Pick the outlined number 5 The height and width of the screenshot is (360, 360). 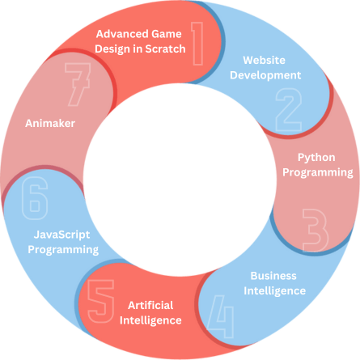tap(101, 301)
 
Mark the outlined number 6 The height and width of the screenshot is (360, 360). tap(35, 198)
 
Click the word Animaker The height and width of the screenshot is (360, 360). tap(50, 124)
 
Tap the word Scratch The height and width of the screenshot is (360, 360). tap(165, 49)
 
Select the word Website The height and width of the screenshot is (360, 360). tap(264, 60)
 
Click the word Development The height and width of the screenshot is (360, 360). tap(265, 75)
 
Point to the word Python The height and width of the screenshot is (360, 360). tap(316, 158)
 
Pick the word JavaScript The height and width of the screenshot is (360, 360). tap(61, 235)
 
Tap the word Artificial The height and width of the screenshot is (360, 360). tap(150, 306)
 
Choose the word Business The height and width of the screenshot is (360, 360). tap(273, 276)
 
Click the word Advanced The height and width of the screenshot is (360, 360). tap(122, 34)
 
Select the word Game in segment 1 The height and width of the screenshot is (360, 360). tap(167, 34)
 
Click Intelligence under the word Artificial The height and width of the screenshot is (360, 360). tap(150, 320)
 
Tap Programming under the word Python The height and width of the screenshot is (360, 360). tap(318, 172)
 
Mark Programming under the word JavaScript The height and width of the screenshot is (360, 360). tap(63, 250)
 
